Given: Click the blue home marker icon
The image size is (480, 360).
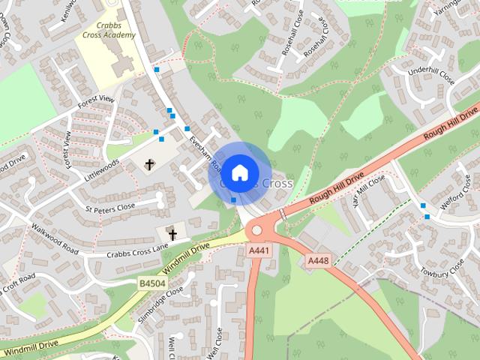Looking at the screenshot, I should click(x=239, y=172).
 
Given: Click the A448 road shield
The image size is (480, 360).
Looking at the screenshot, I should click(x=319, y=260).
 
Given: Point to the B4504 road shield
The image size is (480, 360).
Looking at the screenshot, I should click(x=151, y=283).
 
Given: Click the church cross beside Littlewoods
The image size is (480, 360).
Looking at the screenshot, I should click(x=149, y=163).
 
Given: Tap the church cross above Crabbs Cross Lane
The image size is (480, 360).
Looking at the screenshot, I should click(x=172, y=234).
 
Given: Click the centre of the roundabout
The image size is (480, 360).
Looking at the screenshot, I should click(x=265, y=230).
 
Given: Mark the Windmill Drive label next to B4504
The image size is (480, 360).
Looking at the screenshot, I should click(x=184, y=256).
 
